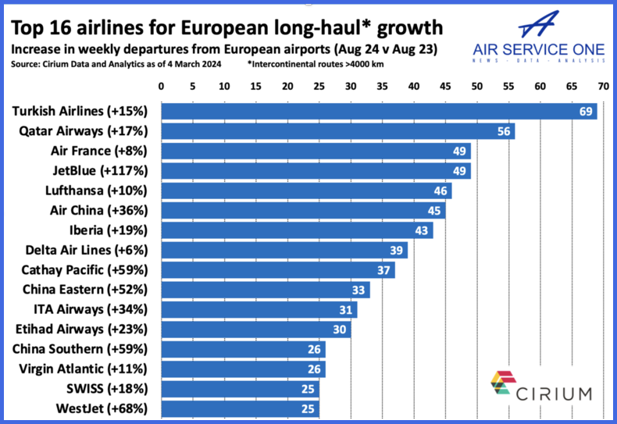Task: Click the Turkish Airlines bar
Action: coord(379,112)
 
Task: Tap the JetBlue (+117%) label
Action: coord(109,170)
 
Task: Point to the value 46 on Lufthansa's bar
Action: coord(441,191)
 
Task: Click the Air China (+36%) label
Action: coord(111,210)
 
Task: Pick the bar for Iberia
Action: coord(297,230)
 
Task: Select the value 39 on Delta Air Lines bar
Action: coord(398,250)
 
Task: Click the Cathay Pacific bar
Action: coord(277,270)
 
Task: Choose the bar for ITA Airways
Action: coord(259,309)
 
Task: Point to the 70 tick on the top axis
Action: coord(602,87)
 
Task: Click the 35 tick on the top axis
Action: coord(382,87)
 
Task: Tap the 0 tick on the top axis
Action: coord(161,87)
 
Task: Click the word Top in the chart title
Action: coord(27,28)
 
